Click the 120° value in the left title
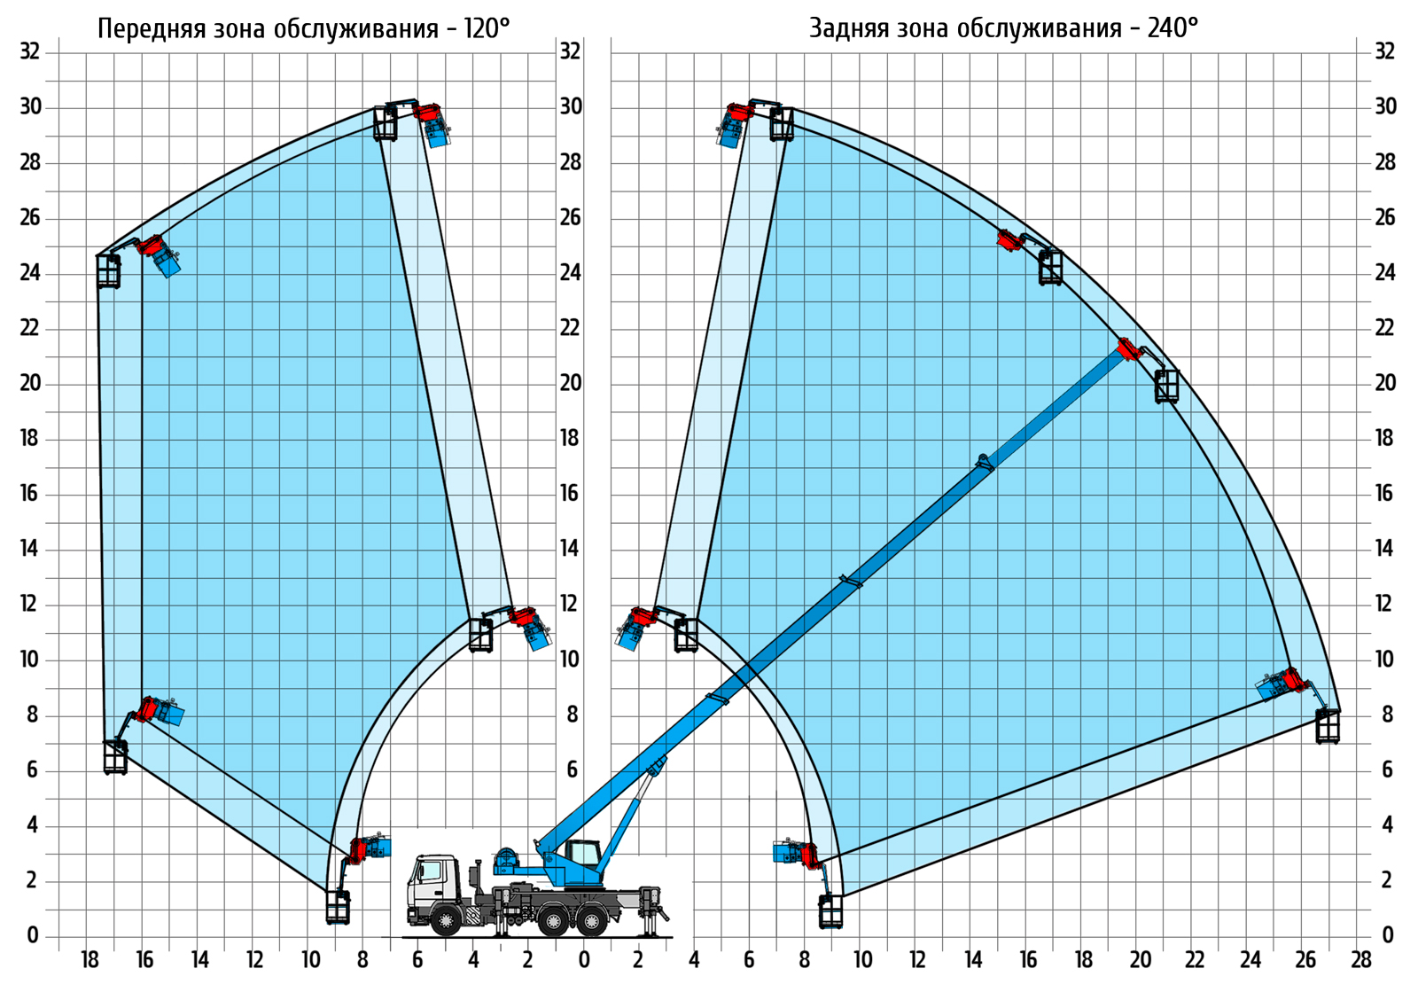point(487,29)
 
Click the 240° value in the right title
point(1173,29)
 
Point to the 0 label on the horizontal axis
point(584,960)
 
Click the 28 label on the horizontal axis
point(1360,960)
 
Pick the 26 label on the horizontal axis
point(1305,960)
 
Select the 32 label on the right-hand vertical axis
point(1384,51)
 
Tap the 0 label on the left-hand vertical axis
point(33,935)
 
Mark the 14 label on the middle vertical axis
point(570,549)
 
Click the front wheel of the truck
point(447,919)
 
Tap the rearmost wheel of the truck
point(593,920)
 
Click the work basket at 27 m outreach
point(1328,726)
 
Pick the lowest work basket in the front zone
point(338,906)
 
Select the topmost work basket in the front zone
point(385,123)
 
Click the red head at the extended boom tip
point(1127,349)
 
